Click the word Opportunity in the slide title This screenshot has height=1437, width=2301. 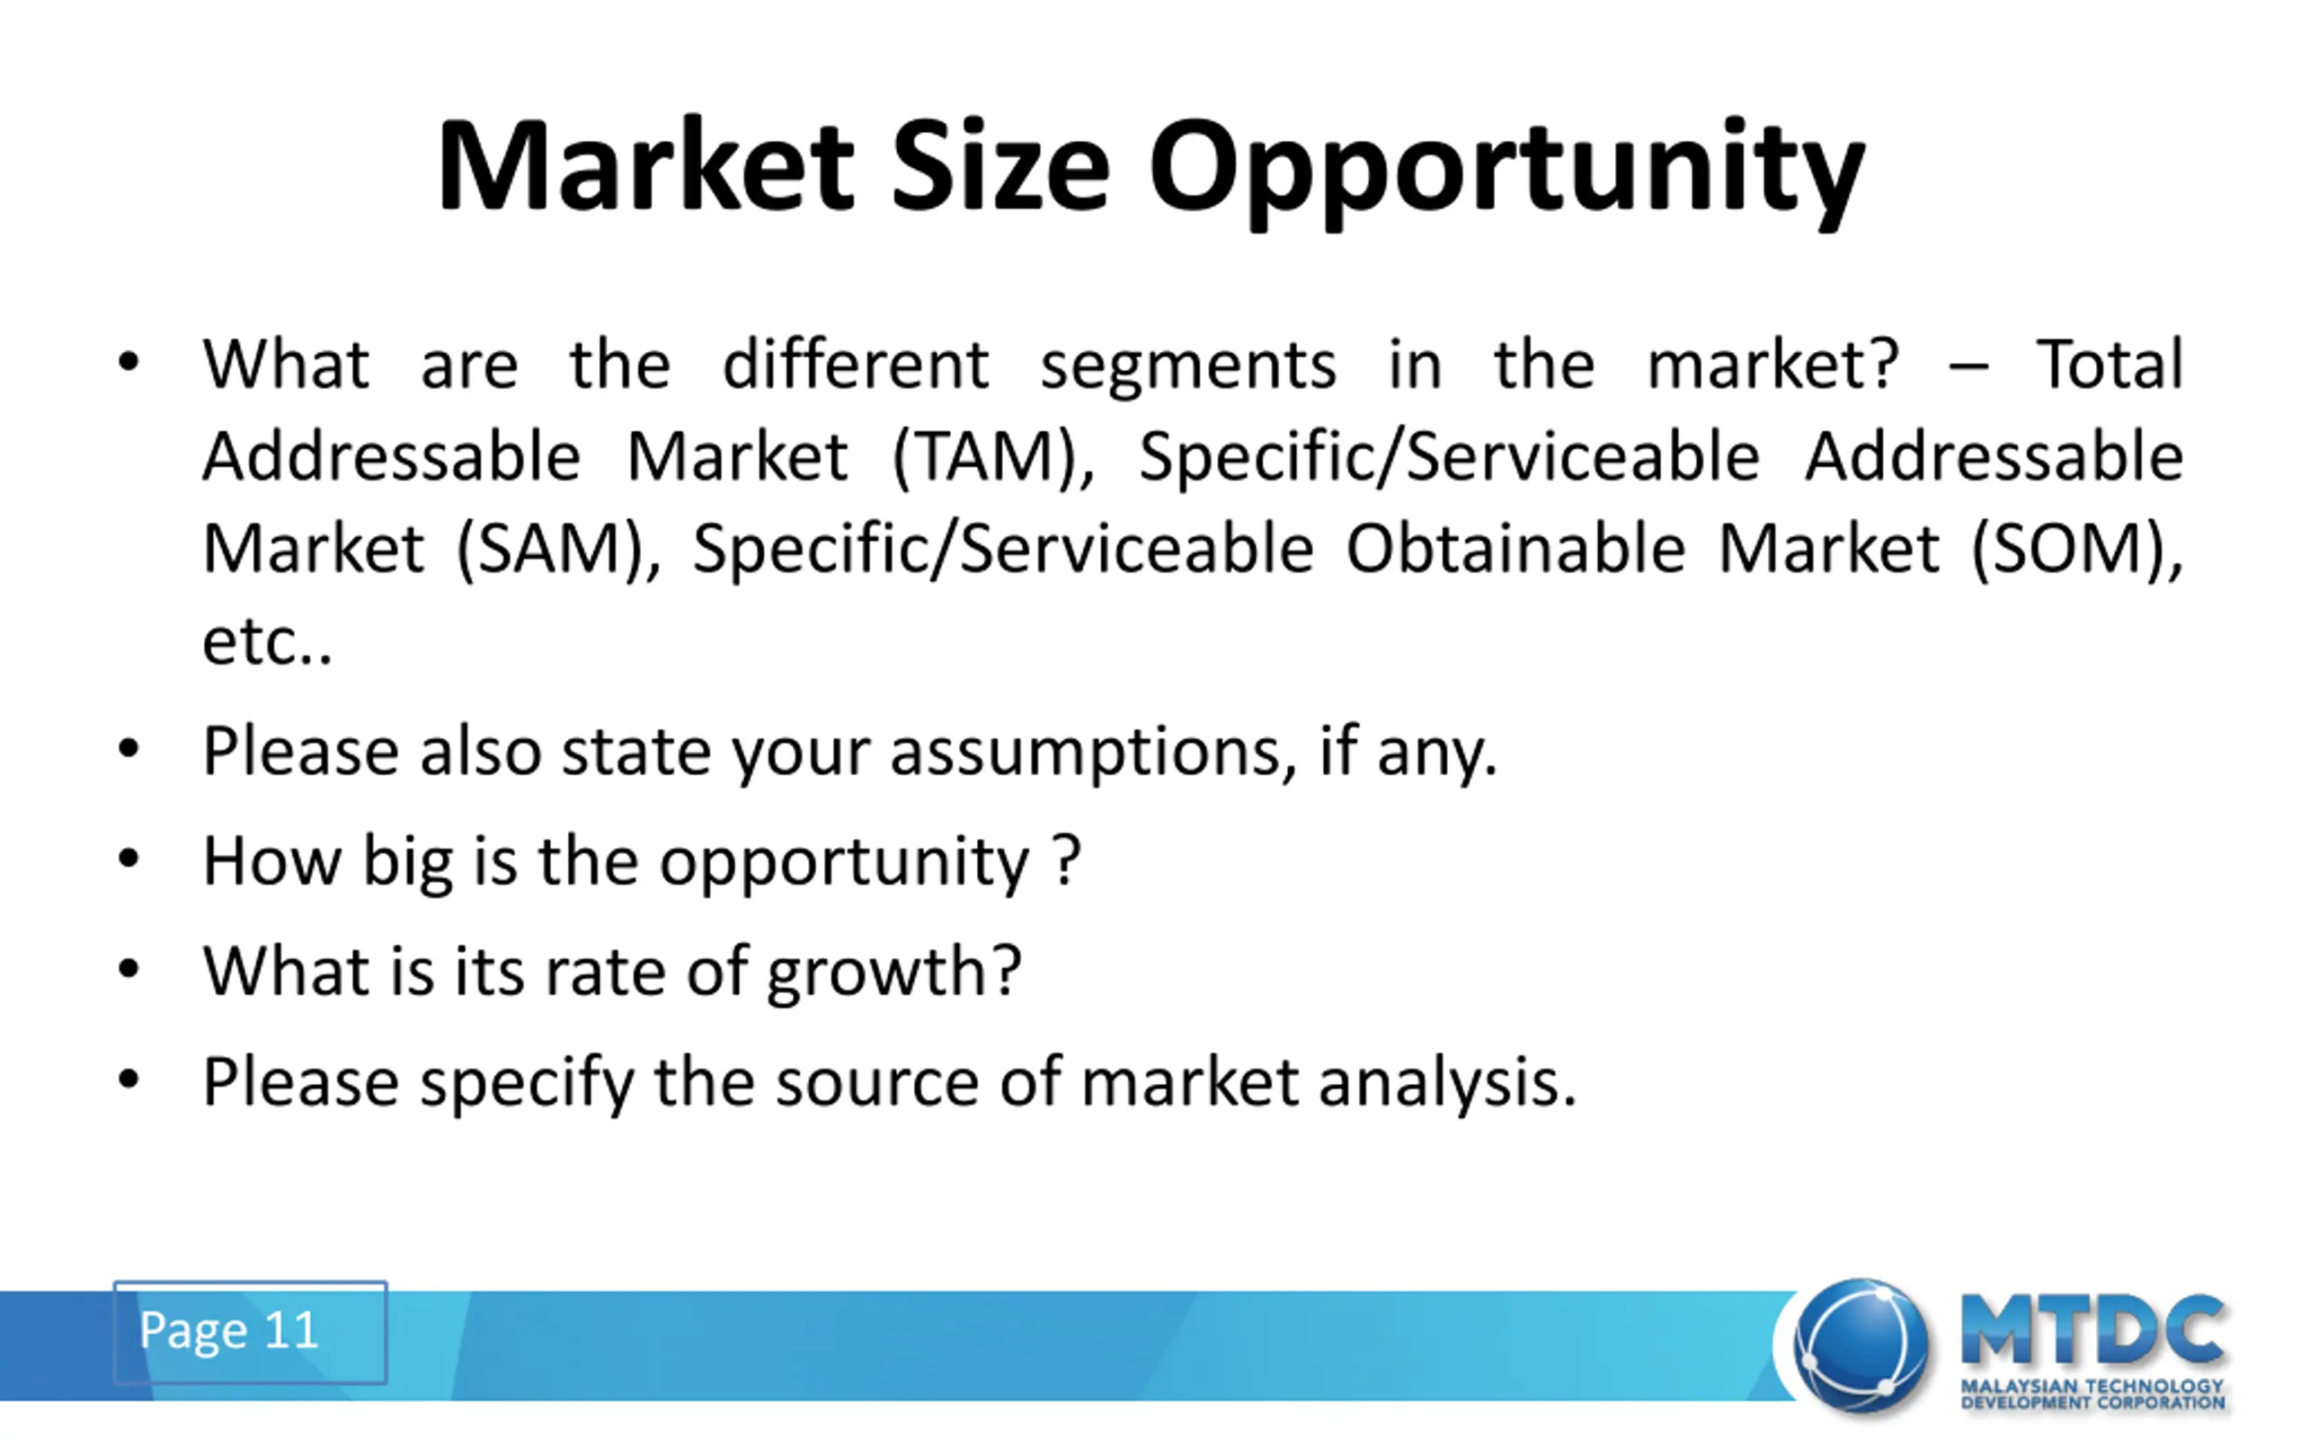1507,172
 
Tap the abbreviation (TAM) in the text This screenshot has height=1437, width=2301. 993,458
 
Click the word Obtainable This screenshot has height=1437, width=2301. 1515,549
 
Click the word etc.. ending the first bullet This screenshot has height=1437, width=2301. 267,642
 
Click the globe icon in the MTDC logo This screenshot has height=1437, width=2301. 1860,1344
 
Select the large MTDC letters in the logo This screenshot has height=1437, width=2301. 2092,1328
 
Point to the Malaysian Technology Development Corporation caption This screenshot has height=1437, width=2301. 2092,1393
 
